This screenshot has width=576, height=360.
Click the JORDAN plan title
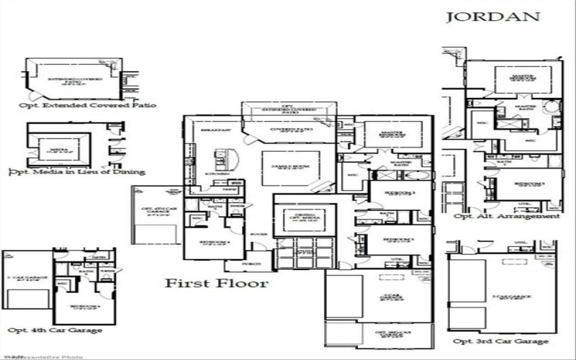492,17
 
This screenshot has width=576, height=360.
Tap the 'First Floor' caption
217,283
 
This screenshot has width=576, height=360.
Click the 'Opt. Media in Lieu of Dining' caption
76,171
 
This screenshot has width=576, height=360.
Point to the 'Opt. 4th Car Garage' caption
54,330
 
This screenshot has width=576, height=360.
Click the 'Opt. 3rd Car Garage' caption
500,341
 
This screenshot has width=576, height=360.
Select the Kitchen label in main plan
218,174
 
